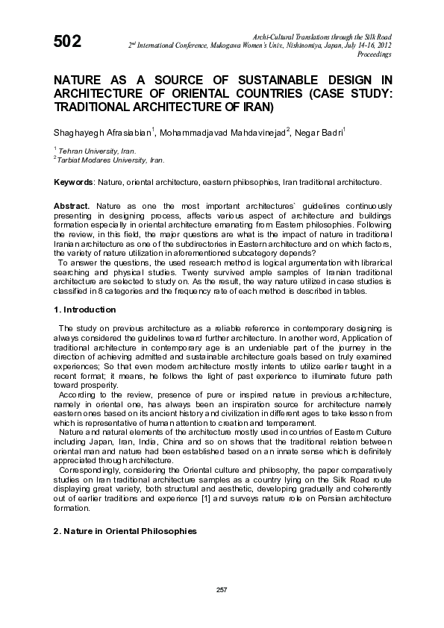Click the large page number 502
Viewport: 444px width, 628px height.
pyautogui.click(x=66, y=43)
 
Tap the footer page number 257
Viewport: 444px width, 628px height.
pyautogui.click(x=222, y=589)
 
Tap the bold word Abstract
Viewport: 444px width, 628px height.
pyautogui.click(x=72, y=204)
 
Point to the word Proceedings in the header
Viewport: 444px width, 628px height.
pyautogui.click(x=375, y=54)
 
